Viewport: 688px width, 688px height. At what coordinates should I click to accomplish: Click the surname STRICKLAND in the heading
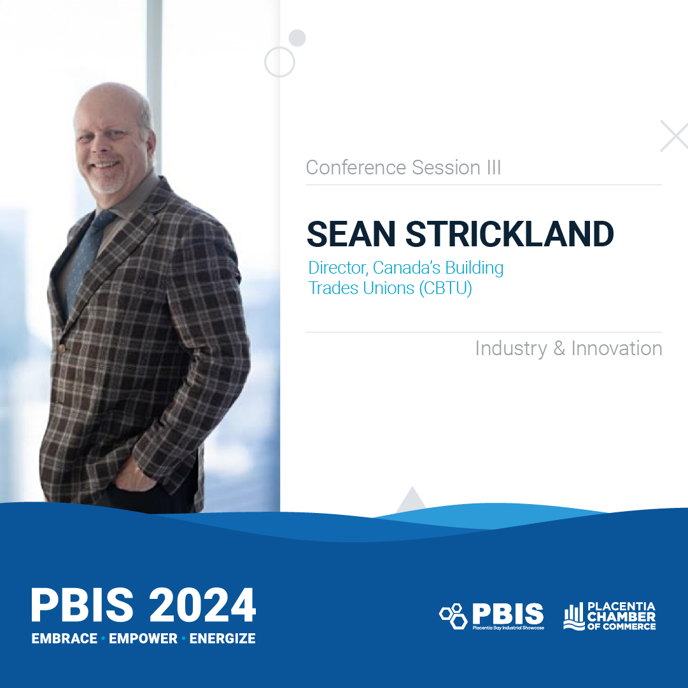510,234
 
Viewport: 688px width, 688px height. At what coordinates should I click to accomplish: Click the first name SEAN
351,234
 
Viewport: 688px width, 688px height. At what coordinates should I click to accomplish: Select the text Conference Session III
404,167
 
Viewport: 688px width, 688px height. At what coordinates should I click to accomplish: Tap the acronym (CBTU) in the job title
445,288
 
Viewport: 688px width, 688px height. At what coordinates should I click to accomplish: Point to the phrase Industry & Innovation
568,348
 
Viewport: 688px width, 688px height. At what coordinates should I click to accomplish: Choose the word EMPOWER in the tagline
143,638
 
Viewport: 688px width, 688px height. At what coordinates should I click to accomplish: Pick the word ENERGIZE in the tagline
223,638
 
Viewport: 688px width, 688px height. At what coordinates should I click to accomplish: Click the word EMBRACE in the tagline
64,638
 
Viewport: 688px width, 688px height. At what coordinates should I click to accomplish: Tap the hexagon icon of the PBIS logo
453,615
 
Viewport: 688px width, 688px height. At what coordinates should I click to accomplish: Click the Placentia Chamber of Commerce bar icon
573,616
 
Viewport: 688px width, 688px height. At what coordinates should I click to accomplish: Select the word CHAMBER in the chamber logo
621,617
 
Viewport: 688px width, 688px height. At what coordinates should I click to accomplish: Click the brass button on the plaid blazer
62,348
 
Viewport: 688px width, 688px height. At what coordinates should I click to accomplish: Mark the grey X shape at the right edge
674,136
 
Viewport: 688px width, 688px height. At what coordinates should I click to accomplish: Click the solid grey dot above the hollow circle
297,38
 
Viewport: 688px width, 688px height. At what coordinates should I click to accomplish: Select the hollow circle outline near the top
279,62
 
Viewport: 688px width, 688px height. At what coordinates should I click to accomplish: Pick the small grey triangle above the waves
412,500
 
